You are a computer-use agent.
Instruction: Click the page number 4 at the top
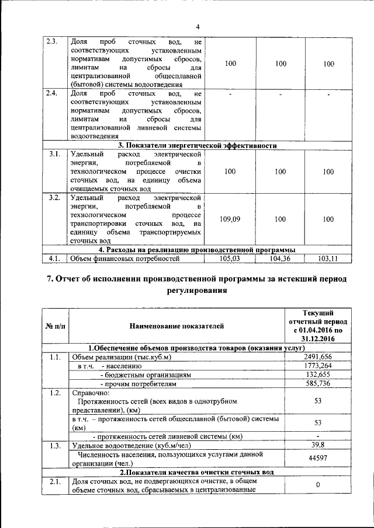(197, 27)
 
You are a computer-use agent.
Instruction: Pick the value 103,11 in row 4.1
(328, 258)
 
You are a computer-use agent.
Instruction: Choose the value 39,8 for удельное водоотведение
(317, 446)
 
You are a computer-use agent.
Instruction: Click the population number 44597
(317, 459)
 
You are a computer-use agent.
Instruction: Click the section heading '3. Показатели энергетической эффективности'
(197, 145)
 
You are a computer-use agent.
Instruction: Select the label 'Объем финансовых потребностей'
(124, 258)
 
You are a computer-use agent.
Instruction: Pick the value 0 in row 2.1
(317, 485)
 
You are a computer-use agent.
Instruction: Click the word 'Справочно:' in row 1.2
(89, 393)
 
